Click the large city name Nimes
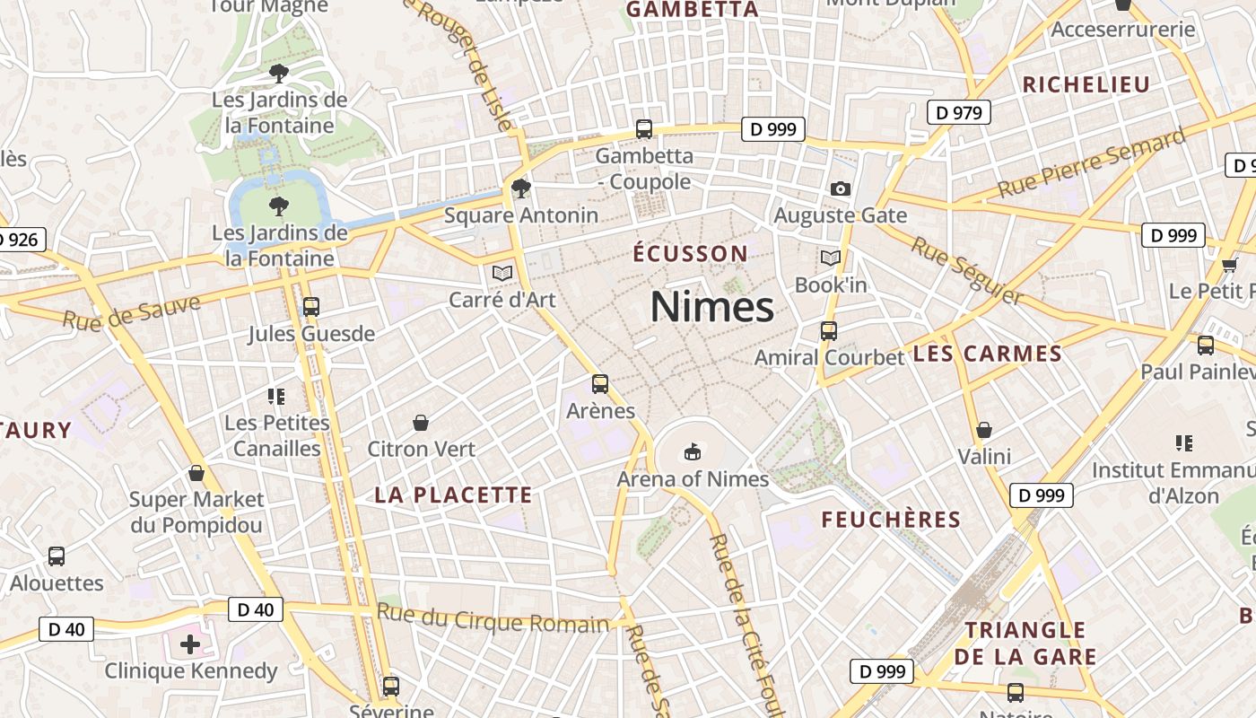pyautogui.click(x=711, y=307)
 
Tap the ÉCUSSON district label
pyautogui.click(x=690, y=254)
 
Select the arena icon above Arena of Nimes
pyautogui.click(x=692, y=451)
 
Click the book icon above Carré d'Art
pyautogui.click(x=502, y=273)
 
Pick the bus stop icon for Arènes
pyautogui.click(x=600, y=384)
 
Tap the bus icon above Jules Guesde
pyautogui.click(x=311, y=307)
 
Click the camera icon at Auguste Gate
pyautogui.click(x=840, y=188)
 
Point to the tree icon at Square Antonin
pyautogui.click(x=520, y=188)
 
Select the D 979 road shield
pyautogui.click(x=959, y=112)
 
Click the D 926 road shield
pyautogui.click(x=18, y=240)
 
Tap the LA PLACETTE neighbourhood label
pyautogui.click(x=453, y=495)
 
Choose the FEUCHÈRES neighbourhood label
pyautogui.click(x=891, y=520)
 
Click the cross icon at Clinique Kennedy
pyautogui.click(x=190, y=644)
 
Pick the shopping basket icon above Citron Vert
pyautogui.click(x=420, y=422)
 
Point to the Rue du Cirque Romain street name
pyautogui.click(x=493, y=619)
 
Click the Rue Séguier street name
pyautogui.click(x=967, y=270)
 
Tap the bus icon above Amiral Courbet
pyautogui.click(x=829, y=330)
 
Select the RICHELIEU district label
pyautogui.click(x=1086, y=85)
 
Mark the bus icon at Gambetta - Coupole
pyautogui.click(x=644, y=128)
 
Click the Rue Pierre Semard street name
pyautogui.click(x=1092, y=163)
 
